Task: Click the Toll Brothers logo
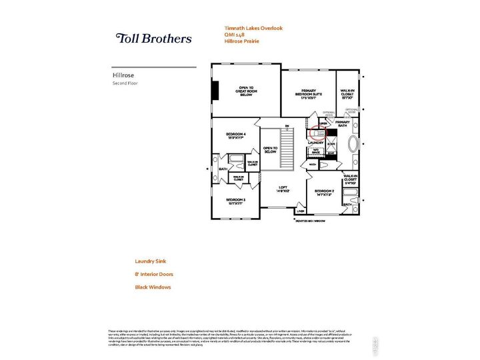pyautogui.click(x=154, y=39)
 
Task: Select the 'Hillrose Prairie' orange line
pyautogui.click(x=241, y=41)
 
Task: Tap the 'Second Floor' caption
pyautogui.click(x=124, y=83)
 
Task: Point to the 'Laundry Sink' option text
pyautogui.click(x=153, y=262)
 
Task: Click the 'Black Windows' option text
pyautogui.click(x=153, y=287)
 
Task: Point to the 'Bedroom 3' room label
pyautogui.click(x=235, y=201)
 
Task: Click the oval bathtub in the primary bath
pyautogui.click(x=354, y=145)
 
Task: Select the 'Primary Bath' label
pyautogui.click(x=342, y=124)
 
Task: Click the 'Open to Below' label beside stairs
pyautogui.click(x=269, y=150)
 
